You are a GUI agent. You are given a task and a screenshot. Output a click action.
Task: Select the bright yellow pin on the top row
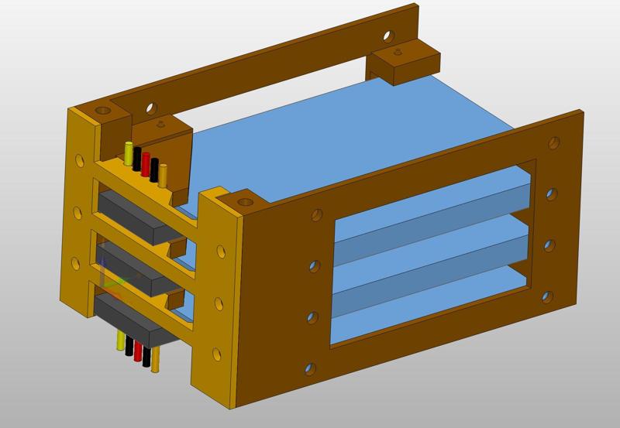(128, 153)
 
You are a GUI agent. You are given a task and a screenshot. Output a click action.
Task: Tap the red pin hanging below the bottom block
(138, 353)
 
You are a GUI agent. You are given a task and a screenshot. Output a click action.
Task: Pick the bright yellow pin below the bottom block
(121, 341)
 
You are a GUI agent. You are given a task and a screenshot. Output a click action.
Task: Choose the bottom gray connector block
(132, 317)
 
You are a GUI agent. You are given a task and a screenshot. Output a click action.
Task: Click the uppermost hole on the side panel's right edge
(553, 143)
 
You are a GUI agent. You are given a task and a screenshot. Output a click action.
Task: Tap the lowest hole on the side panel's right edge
(547, 296)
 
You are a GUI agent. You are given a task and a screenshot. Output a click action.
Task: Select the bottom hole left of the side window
(310, 368)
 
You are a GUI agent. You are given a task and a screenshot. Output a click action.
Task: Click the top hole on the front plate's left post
(78, 162)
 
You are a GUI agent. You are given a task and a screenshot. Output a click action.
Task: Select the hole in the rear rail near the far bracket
(389, 36)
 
